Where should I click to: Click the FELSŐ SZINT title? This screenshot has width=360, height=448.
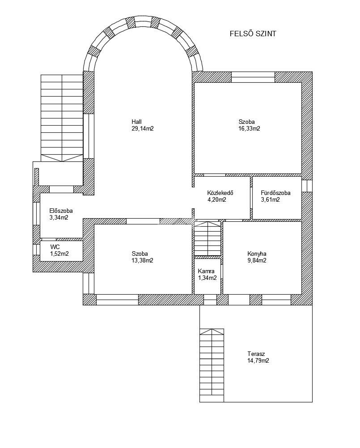click(253, 34)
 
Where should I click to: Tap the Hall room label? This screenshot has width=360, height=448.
click(136, 122)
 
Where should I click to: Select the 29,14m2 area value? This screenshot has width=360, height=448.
click(143, 129)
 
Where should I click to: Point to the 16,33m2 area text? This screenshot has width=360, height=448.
click(250, 129)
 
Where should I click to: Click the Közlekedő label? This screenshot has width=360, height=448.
click(220, 193)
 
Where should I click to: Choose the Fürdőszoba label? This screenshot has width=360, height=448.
click(275, 193)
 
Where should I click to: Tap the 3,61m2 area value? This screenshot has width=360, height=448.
click(270, 200)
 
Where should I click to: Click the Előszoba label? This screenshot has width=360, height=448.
click(61, 211)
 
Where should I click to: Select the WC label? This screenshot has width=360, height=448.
click(55, 247)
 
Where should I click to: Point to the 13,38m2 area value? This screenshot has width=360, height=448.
click(143, 261)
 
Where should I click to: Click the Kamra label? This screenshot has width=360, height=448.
click(206, 271)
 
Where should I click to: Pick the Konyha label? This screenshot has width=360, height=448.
click(257, 254)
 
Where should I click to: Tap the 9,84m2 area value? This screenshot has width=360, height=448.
click(257, 261)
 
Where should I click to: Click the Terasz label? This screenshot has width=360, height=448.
click(256, 354)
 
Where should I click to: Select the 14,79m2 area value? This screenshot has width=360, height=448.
click(258, 361)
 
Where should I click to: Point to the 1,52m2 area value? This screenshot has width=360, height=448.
click(59, 254)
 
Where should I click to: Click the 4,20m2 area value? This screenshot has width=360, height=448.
click(217, 200)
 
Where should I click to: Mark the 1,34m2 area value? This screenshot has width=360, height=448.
click(208, 278)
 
